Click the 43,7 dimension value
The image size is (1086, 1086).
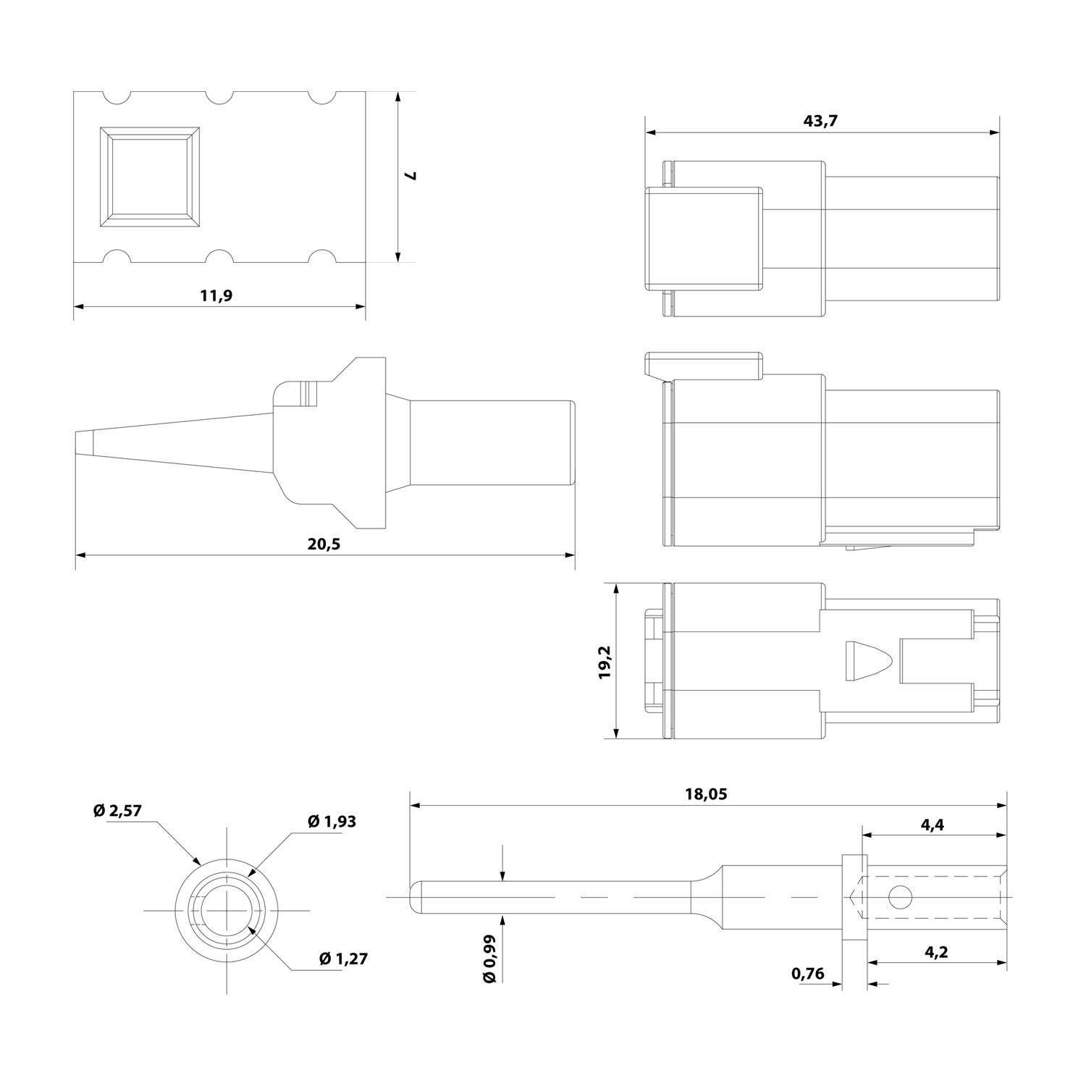[820, 121]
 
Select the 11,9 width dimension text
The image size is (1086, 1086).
[216, 295]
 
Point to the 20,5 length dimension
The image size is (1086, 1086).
[324, 544]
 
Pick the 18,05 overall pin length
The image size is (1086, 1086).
[706, 794]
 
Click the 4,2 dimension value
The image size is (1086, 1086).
[936, 951]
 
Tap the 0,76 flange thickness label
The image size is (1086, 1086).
[808, 974]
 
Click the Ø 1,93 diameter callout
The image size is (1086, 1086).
[332, 821]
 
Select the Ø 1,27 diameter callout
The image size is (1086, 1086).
[343, 959]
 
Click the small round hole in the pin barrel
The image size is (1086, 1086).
[899, 898]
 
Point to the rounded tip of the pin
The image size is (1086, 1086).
[415, 897]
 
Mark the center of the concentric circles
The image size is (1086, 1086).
[227, 909]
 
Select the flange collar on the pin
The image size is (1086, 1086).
[854, 898]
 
